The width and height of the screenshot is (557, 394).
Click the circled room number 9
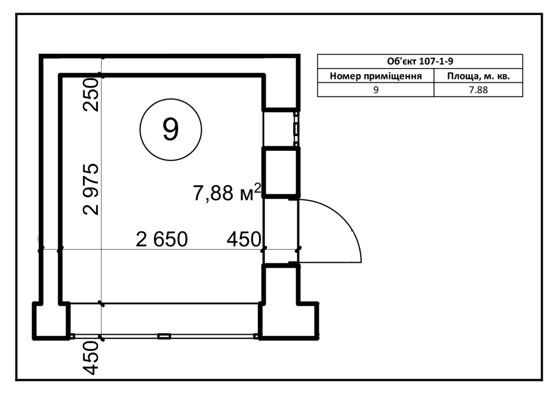tap(171, 130)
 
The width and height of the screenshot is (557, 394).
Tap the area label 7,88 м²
tap(227, 193)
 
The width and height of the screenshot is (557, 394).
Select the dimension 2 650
tap(162, 239)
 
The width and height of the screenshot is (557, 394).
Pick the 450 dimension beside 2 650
tap(244, 239)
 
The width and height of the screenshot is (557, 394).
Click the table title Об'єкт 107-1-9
tap(420, 61)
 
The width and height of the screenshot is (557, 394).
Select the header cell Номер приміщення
tap(376, 76)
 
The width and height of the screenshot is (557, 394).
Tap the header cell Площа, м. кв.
tap(479, 76)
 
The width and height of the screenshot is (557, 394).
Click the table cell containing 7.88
tap(479, 90)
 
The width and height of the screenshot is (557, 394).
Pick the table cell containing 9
tap(376, 90)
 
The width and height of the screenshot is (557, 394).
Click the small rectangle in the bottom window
tap(164, 336)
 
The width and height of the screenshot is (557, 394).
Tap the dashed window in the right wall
tap(296, 129)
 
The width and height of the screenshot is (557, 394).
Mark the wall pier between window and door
tap(281, 172)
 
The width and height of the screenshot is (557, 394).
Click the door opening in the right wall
tap(281, 231)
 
